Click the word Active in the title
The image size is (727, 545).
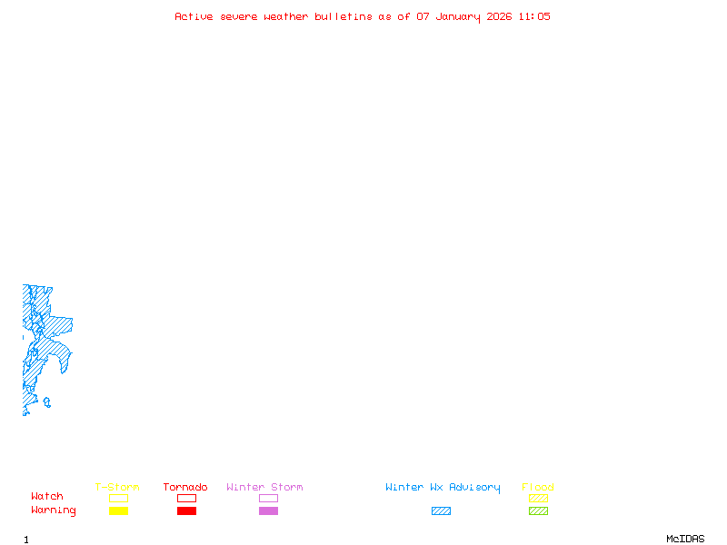point(194,16)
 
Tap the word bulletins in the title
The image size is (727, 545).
point(344,16)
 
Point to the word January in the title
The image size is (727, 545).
point(457,16)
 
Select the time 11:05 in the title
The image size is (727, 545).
point(534,16)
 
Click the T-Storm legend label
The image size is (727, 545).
point(117,488)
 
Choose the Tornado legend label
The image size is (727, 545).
point(185,488)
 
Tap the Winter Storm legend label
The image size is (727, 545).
point(264,488)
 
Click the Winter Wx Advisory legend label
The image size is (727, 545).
point(443,488)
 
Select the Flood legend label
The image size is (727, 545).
point(538,488)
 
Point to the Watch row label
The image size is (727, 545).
point(47,497)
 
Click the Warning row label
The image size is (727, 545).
point(54,510)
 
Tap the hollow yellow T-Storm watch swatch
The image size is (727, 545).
point(118,498)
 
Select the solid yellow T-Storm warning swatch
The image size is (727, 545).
point(118,510)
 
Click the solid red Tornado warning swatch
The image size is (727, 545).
point(186,510)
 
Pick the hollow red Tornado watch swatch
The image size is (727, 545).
point(186,498)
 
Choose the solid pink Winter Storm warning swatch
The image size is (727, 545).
point(268,510)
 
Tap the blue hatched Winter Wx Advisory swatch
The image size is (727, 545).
point(441,510)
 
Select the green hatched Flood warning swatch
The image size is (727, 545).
point(538,510)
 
